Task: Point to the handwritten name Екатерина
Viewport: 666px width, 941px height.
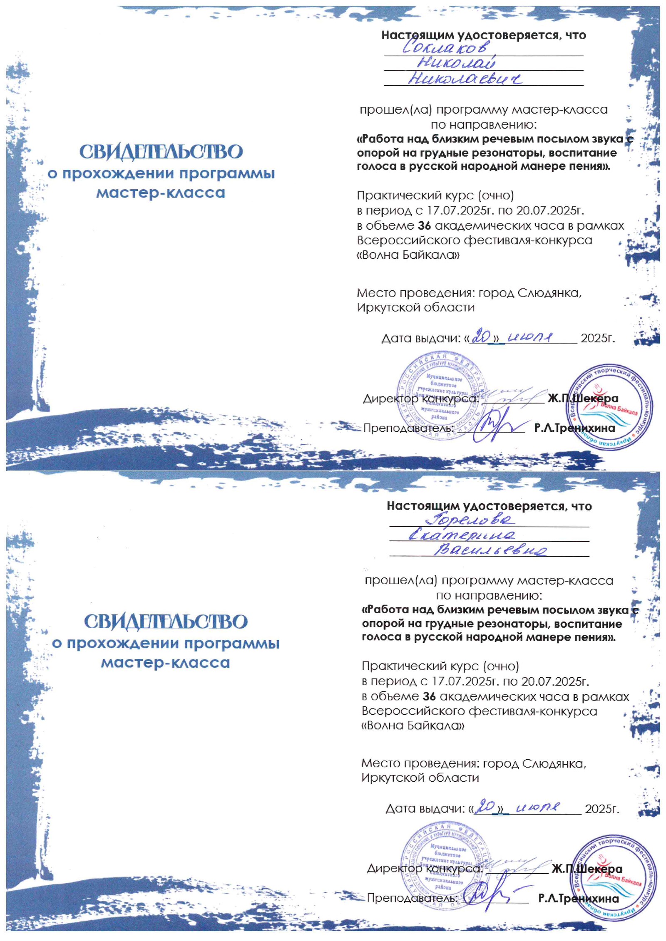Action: click(x=462, y=535)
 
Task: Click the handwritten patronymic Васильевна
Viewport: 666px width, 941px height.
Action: click(x=490, y=550)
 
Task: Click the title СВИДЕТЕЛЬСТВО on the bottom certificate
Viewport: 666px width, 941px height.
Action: click(x=166, y=622)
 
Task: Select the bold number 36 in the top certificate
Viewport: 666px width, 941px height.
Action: click(x=424, y=225)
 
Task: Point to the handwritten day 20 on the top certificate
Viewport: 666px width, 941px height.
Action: click(x=481, y=337)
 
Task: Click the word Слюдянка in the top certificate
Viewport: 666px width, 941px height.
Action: click(x=549, y=293)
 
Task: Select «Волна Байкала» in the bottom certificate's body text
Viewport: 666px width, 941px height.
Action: click(x=413, y=726)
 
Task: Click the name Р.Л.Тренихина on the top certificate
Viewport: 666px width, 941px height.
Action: click(x=574, y=428)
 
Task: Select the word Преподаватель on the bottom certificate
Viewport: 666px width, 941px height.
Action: click(x=412, y=898)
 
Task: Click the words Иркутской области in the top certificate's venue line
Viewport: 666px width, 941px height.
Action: click(x=415, y=307)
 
